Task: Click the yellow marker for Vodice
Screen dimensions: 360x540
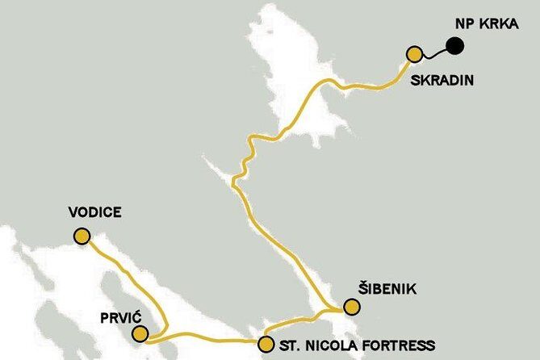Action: coord(82,236)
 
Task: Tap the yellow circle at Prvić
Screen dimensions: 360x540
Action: coord(140,333)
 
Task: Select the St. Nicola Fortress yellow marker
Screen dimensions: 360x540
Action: coord(266,345)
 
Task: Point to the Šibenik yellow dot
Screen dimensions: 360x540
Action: coord(351,307)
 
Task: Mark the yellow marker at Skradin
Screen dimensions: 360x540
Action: coord(415,55)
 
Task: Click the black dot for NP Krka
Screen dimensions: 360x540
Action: coord(456,46)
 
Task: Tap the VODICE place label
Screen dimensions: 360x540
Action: coord(95,212)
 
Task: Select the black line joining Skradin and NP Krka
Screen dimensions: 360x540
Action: coord(435,52)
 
